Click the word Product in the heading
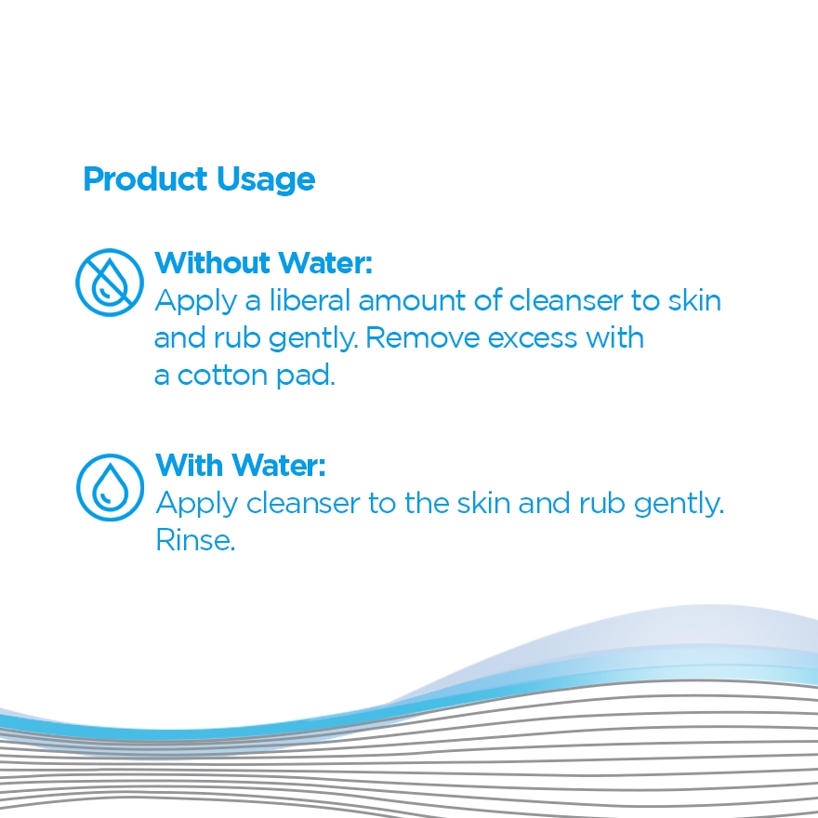[145, 178]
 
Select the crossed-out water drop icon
[110, 283]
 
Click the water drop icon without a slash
[110, 487]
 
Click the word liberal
[310, 300]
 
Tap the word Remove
[423, 338]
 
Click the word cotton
[223, 376]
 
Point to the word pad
[305, 376]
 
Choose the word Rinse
[195, 540]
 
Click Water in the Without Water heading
[325, 262]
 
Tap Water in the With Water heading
[278, 465]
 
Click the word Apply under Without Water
[195, 302]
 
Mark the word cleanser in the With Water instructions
[303, 504]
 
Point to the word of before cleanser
[487, 300]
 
